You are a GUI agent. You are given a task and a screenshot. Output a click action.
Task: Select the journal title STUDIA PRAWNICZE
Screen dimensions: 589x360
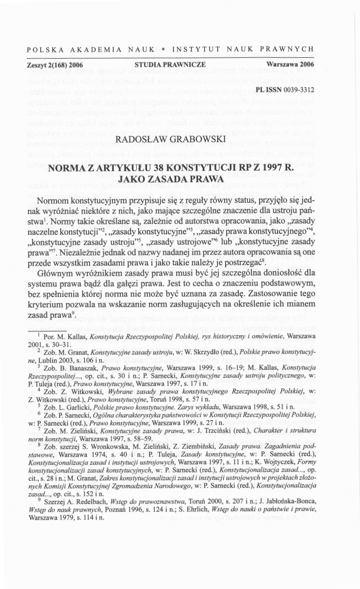coord(170,64)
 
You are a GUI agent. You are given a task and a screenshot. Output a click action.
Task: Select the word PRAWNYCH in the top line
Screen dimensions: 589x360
coord(288,49)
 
